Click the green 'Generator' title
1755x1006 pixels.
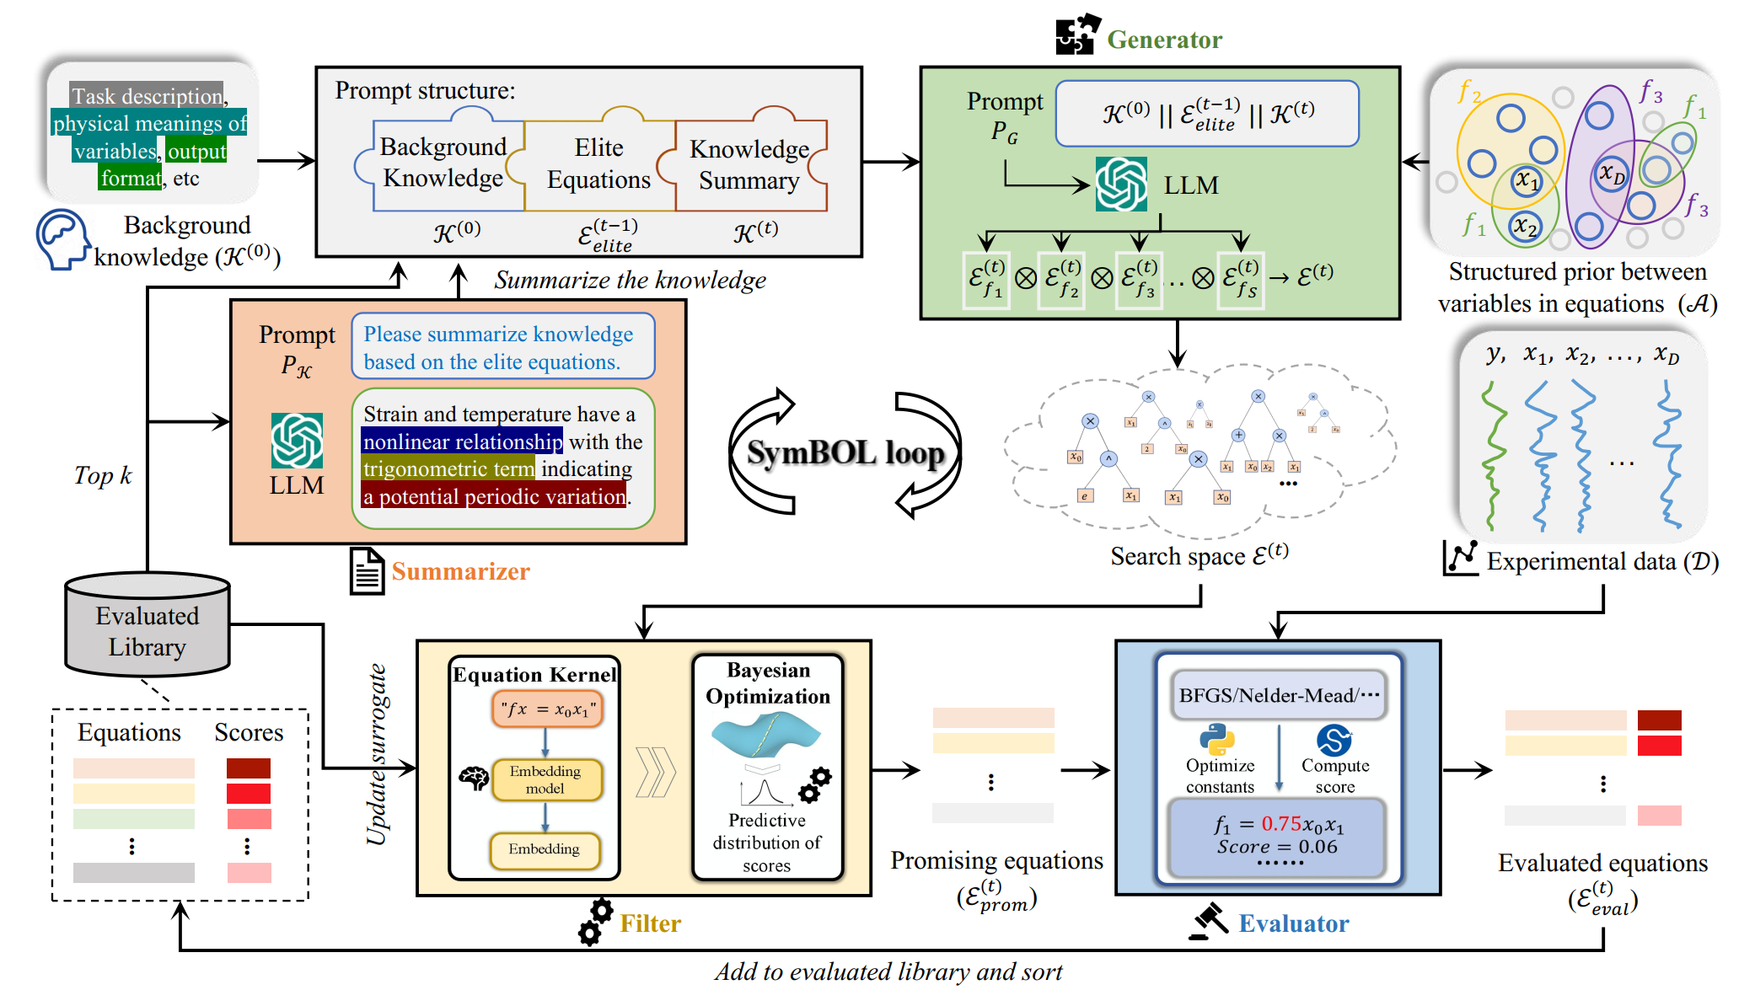pos(1163,40)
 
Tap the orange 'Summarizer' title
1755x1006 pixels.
pos(460,571)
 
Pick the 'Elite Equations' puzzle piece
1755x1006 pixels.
pos(598,163)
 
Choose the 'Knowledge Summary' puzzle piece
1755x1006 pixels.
pos(749,164)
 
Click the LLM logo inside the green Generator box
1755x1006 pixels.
pos(1121,185)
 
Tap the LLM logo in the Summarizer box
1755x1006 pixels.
pos(297,440)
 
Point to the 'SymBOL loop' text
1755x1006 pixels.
pos(845,452)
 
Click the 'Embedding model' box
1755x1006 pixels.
pos(545,779)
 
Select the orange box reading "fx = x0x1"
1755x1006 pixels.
pos(547,709)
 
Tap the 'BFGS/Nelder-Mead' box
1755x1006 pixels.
pos(1278,695)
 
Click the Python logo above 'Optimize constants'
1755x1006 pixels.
pos(1217,740)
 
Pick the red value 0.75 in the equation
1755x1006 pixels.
pos(1281,824)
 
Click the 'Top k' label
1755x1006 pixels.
pos(103,476)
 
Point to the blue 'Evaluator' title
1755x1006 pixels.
pos(1293,923)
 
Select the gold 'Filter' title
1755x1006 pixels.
pos(650,923)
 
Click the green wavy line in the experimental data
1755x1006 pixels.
pos(1494,455)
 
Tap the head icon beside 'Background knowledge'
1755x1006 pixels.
pos(62,239)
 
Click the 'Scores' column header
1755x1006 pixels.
pos(249,732)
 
